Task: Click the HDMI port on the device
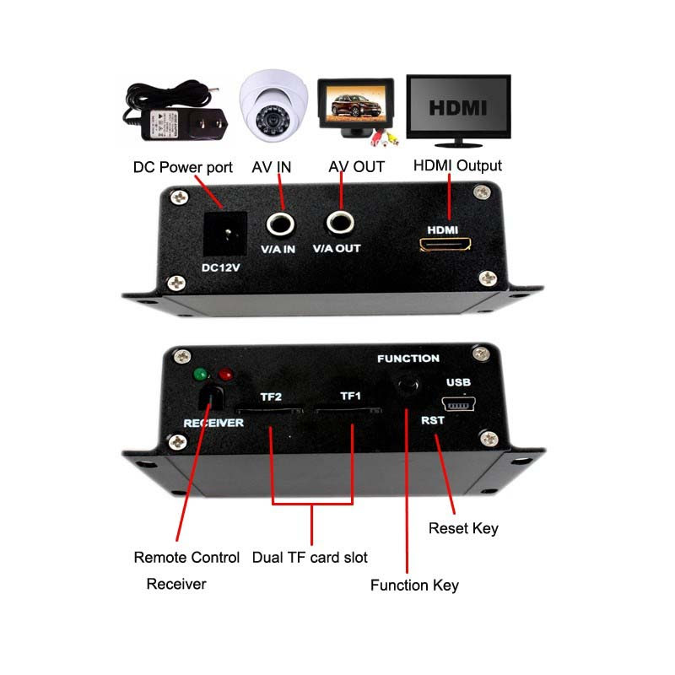(445, 245)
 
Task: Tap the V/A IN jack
(280, 224)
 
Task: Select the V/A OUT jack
(340, 223)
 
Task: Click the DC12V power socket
(225, 234)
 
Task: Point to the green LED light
(201, 374)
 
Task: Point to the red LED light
(226, 374)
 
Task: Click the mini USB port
(458, 404)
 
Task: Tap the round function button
(408, 383)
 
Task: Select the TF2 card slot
(269, 410)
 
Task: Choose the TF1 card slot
(348, 409)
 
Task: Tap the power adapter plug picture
(175, 111)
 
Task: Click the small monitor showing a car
(356, 111)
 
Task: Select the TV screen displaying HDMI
(458, 111)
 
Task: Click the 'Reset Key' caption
(463, 528)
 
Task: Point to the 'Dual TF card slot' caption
(310, 558)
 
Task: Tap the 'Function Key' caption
(414, 586)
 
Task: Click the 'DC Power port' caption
(183, 167)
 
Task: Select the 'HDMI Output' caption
(457, 165)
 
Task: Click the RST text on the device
(433, 420)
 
